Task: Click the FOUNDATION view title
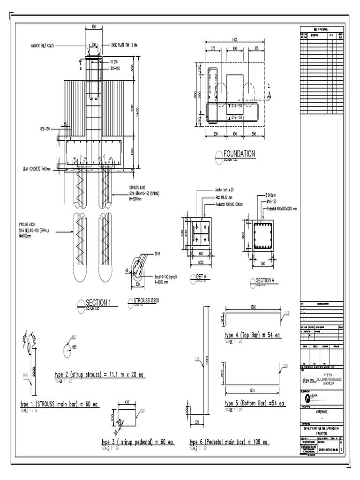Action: click(239, 154)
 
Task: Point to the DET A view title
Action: click(197, 277)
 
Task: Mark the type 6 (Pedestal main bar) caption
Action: click(228, 442)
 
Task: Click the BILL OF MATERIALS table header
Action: click(322, 29)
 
